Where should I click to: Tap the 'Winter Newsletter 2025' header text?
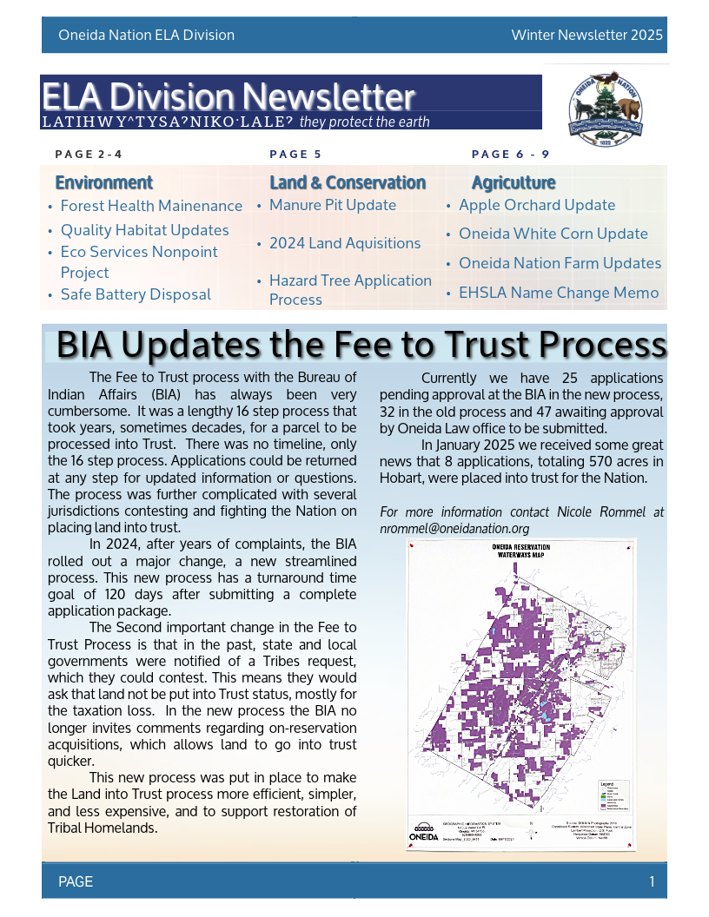[x=586, y=36]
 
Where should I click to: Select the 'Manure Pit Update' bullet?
[x=332, y=205]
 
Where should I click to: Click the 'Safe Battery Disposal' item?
[x=136, y=294]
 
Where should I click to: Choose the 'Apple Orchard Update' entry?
[x=536, y=205]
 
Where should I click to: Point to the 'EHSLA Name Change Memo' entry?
[x=558, y=293]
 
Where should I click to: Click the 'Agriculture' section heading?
[x=513, y=182]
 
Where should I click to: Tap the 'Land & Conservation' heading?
[x=347, y=182]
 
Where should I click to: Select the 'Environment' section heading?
[x=103, y=182]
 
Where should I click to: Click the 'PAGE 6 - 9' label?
[x=510, y=155]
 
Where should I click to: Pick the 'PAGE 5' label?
[x=295, y=155]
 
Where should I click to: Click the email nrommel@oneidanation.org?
[x=454, y=528]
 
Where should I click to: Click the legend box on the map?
[x=613, y=795]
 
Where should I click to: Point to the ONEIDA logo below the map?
[x=424, y=835]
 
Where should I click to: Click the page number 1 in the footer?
[x=652, y=882]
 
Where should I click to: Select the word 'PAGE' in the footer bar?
[x=76, y=882]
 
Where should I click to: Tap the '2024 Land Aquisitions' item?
[x=344, y=243]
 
